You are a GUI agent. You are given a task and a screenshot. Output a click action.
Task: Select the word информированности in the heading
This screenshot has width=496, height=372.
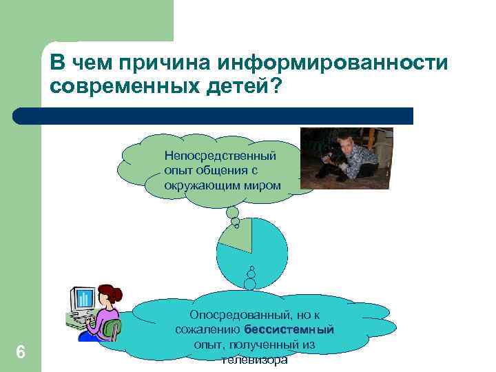click(x=333, y=64)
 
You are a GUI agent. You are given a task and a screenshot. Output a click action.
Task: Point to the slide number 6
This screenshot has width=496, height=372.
click(x=21, y=352)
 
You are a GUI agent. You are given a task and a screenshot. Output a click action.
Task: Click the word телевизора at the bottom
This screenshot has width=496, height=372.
click(x=255, y=360)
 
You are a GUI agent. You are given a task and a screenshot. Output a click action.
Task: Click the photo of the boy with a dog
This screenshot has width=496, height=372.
click(x=347, y=157)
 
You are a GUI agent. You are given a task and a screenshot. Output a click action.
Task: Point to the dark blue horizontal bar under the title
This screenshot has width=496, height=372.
click(x=214, y=116)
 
